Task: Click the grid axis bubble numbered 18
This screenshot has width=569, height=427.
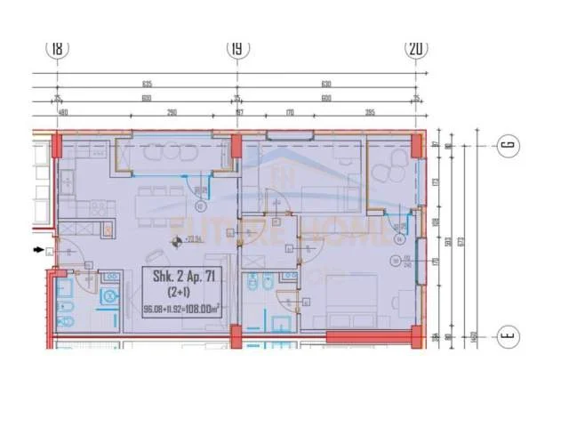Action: [59, 50]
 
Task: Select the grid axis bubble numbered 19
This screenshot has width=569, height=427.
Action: [236, 50]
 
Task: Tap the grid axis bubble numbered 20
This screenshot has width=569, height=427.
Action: [415, 50]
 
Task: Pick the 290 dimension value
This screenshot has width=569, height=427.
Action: [172, 113]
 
